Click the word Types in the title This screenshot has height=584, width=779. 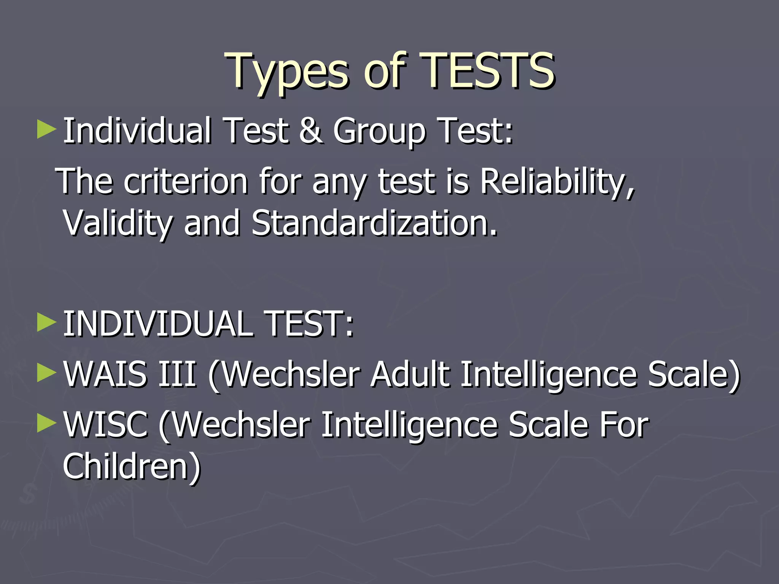tap(287, 72)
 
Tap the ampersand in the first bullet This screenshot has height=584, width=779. tap(311, 131)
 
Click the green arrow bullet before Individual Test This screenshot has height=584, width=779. tap(46, 130)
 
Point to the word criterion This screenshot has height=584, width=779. tap(186, 182)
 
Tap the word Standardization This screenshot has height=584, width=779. tap(374, 223)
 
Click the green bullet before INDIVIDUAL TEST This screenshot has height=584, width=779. tap(46, 323)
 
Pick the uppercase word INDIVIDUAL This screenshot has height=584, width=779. tap(158, 324)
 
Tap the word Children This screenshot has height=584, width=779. tap(131, 467)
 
